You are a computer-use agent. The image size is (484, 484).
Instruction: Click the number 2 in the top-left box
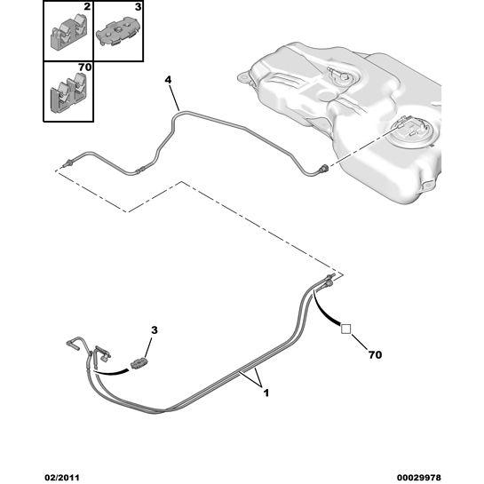(x=87, y=7)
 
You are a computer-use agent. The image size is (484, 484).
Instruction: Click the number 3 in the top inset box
(x=138, y=7)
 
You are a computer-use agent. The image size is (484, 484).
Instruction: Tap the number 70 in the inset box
(x=84, y=67)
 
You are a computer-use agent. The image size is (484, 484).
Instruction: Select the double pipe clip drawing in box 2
(x=68, y=34)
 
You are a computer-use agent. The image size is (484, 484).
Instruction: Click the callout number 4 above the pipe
(x=168, y=80)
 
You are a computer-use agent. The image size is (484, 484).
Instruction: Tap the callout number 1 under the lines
(x=266, y=393)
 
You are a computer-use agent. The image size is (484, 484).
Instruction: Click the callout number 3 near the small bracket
(x=155, y=330)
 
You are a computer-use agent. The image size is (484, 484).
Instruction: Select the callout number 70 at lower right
(x=375, y=355)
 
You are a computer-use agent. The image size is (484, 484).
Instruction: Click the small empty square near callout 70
(x=345, y=329)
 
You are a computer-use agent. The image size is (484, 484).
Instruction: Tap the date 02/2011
(x=62, y=478)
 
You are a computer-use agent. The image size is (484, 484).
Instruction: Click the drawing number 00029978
(x=419, y=478)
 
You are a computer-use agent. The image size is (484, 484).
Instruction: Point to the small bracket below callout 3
(x=139, y=363)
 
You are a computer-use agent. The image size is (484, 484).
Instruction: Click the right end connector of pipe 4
(x=324, y=168)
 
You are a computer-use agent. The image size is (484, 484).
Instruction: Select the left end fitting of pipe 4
(x=67, y=163)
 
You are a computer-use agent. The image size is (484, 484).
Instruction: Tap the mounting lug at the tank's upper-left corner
(x=244, y=77)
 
